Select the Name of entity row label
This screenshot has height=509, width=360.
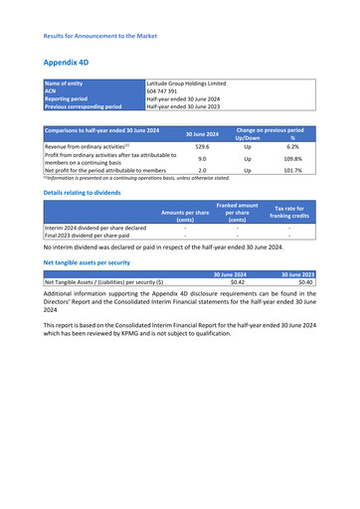coord(66,84)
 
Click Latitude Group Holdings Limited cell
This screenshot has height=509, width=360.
coord(187,84)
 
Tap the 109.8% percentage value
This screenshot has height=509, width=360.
coord(292,158)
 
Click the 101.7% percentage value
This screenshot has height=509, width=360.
coord(292,170)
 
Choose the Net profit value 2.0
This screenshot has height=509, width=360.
coord(202,170)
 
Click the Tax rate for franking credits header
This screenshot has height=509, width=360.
coord(291,212)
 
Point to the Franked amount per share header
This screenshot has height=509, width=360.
coord(237,212)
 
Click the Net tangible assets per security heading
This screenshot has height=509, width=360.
coord(87,263)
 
